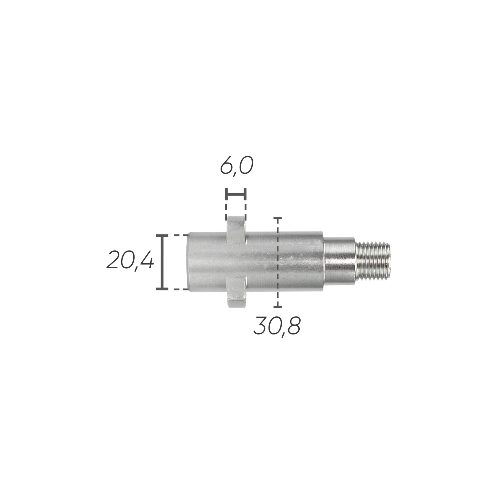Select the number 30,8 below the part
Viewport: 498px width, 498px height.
[277, 327]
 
